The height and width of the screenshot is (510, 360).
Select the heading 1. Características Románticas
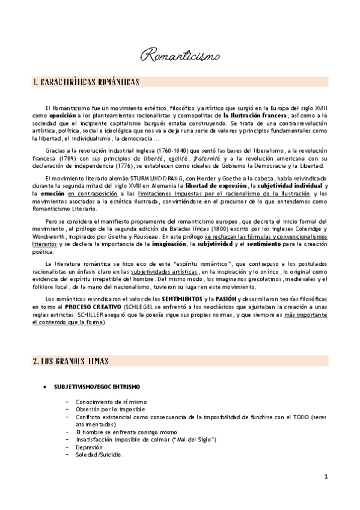(87, 81)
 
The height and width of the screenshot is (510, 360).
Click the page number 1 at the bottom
(325, 477)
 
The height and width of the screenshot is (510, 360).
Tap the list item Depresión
(89, 447)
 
